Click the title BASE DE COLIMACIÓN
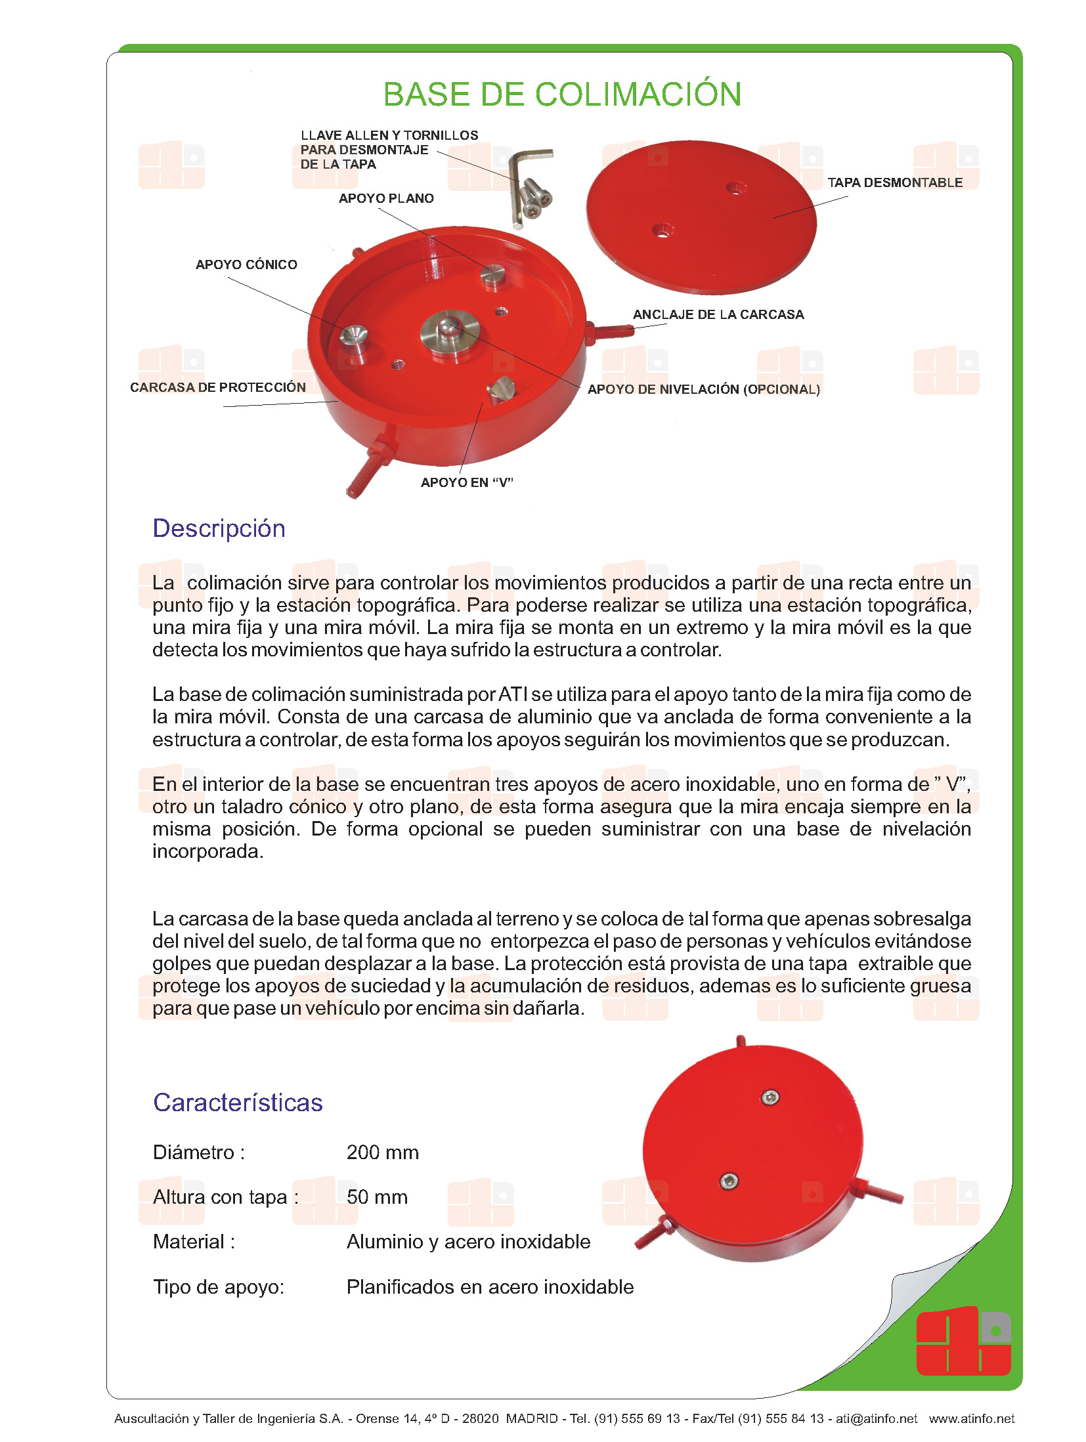tap(562, 95)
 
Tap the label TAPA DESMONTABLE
tap(894, 182)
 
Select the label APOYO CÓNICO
tap(246, 265)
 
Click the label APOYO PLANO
tap(386, 198)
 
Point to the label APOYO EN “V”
tap(467, 482)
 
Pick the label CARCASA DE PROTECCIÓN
tap(218, 387)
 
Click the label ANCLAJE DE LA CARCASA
tap(718, 314)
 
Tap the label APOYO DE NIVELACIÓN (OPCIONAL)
tap(703, 389)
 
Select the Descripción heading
tap(219, 528)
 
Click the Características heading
tap(238, 1103)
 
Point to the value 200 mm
tap(382, 1153)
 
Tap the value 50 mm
tap(377, 1197)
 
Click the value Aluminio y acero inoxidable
tap(468, 1242)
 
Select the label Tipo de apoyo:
tap(219, 1287)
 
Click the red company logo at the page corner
tap(963, 1342)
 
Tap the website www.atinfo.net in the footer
tap(971, 1418)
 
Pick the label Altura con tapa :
tap(225, 1197)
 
